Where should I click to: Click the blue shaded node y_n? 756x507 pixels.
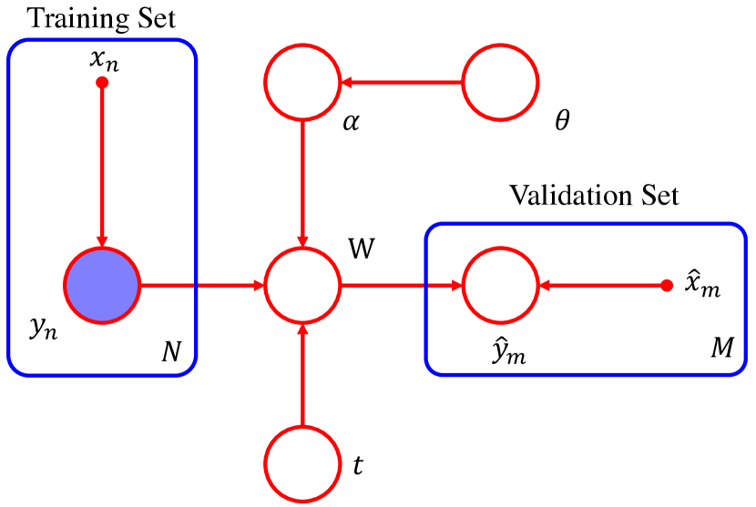click(101, 285)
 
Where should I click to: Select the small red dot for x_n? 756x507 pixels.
click(102, 83)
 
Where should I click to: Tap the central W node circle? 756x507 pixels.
click(301, 285)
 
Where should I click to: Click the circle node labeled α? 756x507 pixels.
click(301, 83)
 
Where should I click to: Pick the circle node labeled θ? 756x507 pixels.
click(500, 83)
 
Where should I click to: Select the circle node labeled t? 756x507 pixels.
click(301, 463)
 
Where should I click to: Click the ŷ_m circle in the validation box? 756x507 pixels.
click(500, 285)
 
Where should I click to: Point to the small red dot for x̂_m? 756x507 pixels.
click(666, 285)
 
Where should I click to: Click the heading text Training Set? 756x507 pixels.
click(101, 17)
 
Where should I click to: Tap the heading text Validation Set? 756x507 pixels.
click(594, 196)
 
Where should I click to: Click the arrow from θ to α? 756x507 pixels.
click(401, 83)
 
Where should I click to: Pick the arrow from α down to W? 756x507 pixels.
click(301, 182)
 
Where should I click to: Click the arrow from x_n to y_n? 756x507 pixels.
click(102, 164)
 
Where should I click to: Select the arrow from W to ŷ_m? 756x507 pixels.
click(401, 285)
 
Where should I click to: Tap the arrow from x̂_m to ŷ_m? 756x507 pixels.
click(601, 285)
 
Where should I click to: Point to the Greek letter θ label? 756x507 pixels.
click(562, 121)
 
